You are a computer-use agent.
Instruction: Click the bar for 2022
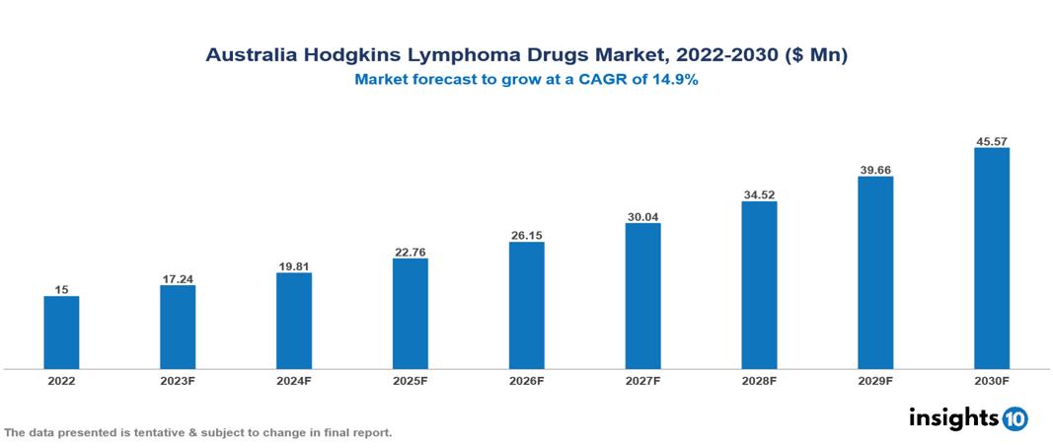click(x=61, y=333)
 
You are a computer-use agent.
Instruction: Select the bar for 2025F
click(x=410, y=314)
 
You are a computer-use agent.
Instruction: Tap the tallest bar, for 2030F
click(x=991, y=259)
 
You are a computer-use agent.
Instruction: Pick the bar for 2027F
click(x=642, y=296)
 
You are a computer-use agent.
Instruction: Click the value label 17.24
click(x=178, y=279)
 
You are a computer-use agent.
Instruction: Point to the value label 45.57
click(x=991, y=141)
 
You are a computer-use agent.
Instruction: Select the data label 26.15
click(x=526, y=235)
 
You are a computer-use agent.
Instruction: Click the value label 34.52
click(x=759, y=194)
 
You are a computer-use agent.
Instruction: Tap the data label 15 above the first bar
click(x=61, y=290)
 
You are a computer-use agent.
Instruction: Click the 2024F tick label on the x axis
click(x=293, y=381)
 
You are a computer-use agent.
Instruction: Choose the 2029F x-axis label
click(x=875, y=381)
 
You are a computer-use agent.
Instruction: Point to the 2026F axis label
click(x=526, y=381)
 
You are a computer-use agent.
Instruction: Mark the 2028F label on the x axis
click(x=759, y=381)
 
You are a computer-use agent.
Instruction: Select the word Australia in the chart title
click(x=251, y=55)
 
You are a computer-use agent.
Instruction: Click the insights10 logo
click(x=968, y=417)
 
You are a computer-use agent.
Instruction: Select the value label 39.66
click(x=875, y=170)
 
